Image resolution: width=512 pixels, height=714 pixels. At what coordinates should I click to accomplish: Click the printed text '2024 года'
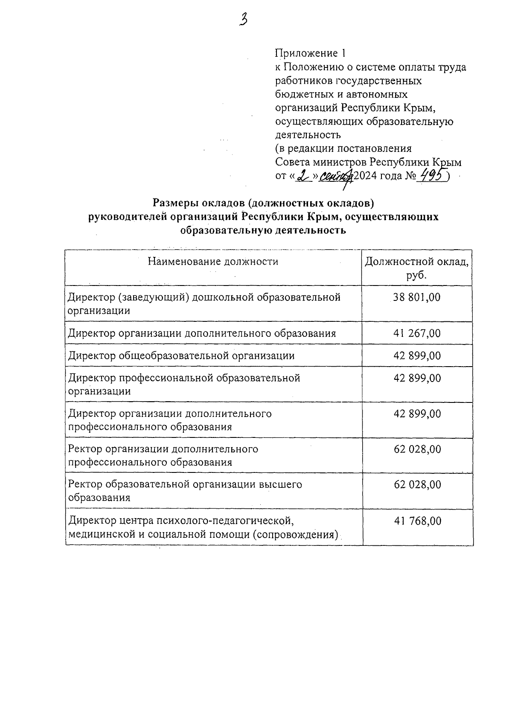click(377, 175)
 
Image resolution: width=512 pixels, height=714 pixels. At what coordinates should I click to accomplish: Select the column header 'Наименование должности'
click(213, 261)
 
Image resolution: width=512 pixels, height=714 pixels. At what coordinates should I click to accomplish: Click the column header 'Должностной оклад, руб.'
click(417, 268)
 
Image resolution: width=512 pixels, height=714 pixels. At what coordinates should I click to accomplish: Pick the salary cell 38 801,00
click(417, 297)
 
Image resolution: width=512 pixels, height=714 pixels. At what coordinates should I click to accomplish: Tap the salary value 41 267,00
click(417, 333)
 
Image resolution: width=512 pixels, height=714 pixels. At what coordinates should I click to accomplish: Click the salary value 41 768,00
click(417, 521)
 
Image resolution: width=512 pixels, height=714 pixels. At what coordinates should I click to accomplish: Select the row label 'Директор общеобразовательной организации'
click(181, 356)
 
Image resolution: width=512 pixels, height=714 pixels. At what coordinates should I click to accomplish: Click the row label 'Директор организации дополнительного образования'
click(202, 333)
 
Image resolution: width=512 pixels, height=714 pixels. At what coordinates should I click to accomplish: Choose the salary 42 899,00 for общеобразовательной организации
click(417, 356)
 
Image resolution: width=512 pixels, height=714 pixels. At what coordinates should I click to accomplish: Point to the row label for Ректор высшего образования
click(185, 491)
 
